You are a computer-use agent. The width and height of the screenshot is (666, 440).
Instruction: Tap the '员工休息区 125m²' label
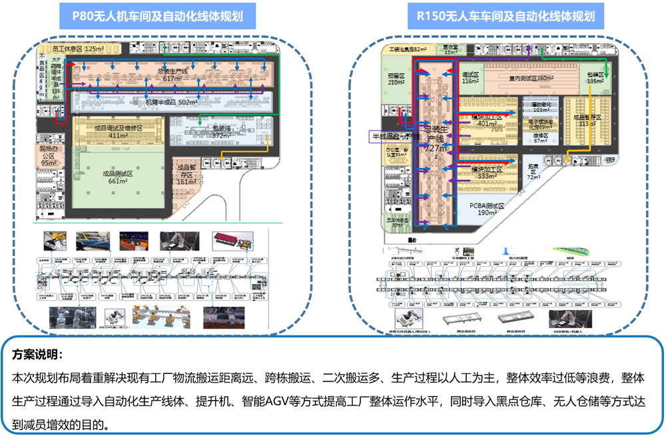(79, 49)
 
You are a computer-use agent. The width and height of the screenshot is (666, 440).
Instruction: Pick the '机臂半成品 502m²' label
(171, 103)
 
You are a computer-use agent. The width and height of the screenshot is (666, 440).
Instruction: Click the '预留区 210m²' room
(397, 79)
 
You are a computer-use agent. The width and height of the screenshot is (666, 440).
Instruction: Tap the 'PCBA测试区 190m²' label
(488, 209)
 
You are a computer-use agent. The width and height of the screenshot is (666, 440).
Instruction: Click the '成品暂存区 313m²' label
(587, 119)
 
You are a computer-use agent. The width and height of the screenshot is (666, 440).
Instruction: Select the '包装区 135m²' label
(594, 78)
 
